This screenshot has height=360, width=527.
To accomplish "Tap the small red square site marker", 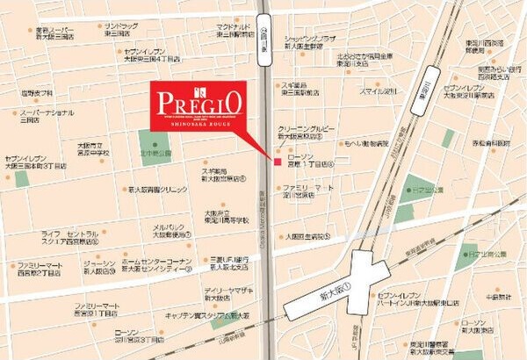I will tap(276, 162).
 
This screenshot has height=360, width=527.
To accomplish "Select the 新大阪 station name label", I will tap(335, 286).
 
